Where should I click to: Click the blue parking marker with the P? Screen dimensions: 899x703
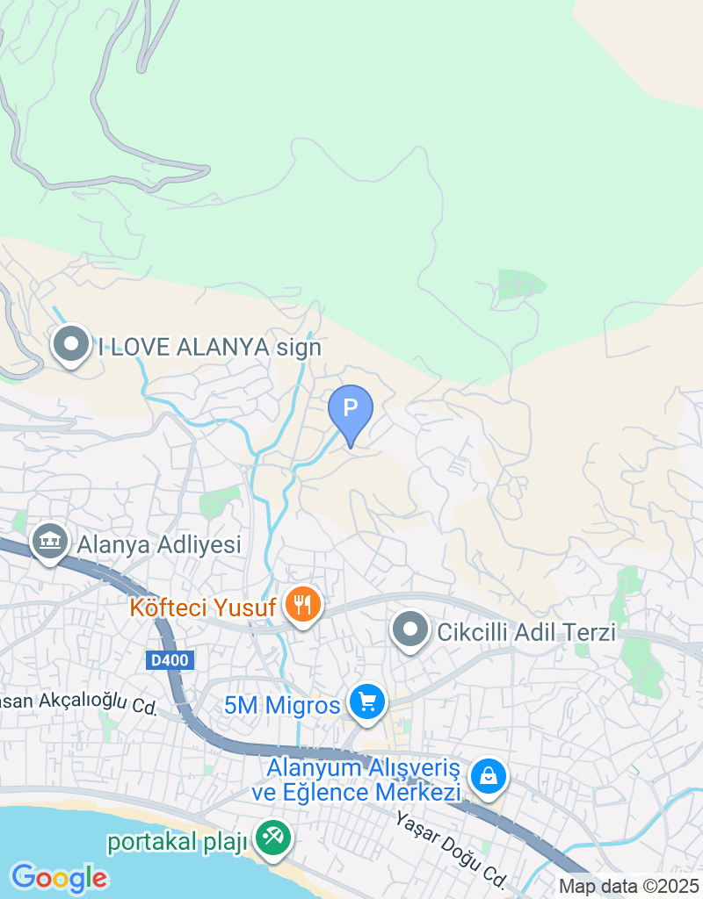(x=351, y=410)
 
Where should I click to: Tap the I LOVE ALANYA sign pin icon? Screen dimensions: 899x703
(x=71, y=345)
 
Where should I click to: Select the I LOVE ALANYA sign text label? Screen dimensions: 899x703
(x=209, y=347)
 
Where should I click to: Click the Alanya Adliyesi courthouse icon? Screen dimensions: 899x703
(x=50, y=542)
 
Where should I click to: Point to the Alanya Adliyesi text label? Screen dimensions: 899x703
(x=159, y=544)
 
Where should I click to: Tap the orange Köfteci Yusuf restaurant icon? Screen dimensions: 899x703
(x=303, y=605)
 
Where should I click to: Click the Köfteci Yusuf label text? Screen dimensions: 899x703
(x=203, y=607)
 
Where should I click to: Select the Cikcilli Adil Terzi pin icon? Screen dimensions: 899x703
(x=409, y=630)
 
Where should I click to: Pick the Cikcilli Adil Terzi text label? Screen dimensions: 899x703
(x=526, y=632)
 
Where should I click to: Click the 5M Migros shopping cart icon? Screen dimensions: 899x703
(x=367, y=701)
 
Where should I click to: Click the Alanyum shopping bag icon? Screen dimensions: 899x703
(x=486, y=776)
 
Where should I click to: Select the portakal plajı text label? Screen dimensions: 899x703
(x=176, y=841)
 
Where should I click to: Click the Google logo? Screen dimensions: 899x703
(x=59, y=877)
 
